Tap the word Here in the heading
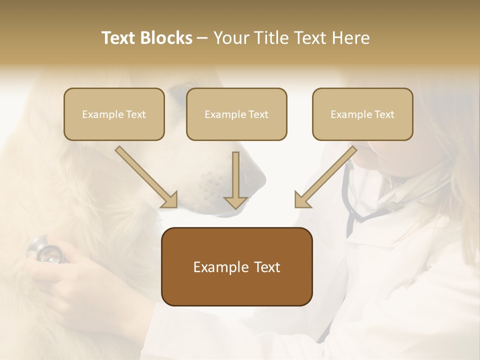pyautogui.click(x=351, y=38)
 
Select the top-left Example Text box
pyautogui.click(x=114, y=114)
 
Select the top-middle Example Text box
pyautogui.click(x=236, y=114)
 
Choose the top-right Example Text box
pyautogui.click(x=362, y=114)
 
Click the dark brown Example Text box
pyautogui.click(x=236, y=266)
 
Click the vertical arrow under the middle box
pyautogui.click(x=236, y=180)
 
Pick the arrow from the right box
pyautogui.click(x=326, y=177)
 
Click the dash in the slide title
pyautogui.click(x=202, y=38)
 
